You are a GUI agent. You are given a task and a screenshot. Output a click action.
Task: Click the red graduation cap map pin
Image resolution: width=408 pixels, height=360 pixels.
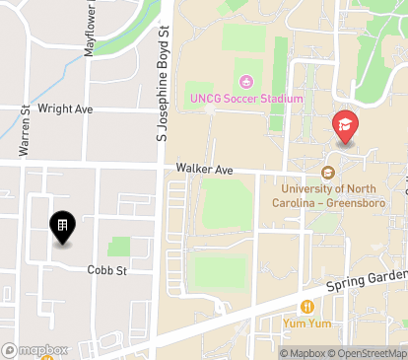coord(345,125)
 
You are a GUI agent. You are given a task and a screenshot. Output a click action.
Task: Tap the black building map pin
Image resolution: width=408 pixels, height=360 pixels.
coord(61,229)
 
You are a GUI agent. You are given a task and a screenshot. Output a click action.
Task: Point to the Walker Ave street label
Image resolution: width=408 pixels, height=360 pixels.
coord(204,170)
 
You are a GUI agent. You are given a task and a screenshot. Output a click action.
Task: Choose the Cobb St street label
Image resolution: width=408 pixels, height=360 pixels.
coord(107,269)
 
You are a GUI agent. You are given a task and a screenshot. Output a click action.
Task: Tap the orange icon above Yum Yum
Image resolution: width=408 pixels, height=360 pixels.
coord(309,307)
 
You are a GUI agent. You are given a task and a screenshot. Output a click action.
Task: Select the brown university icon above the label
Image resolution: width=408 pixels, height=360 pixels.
coord(329,172)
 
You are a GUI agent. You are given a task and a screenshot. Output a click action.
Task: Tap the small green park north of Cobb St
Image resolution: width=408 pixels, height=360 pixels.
coord(119,247)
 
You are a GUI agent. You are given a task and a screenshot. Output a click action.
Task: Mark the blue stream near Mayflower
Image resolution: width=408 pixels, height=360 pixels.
coord(69,71)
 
